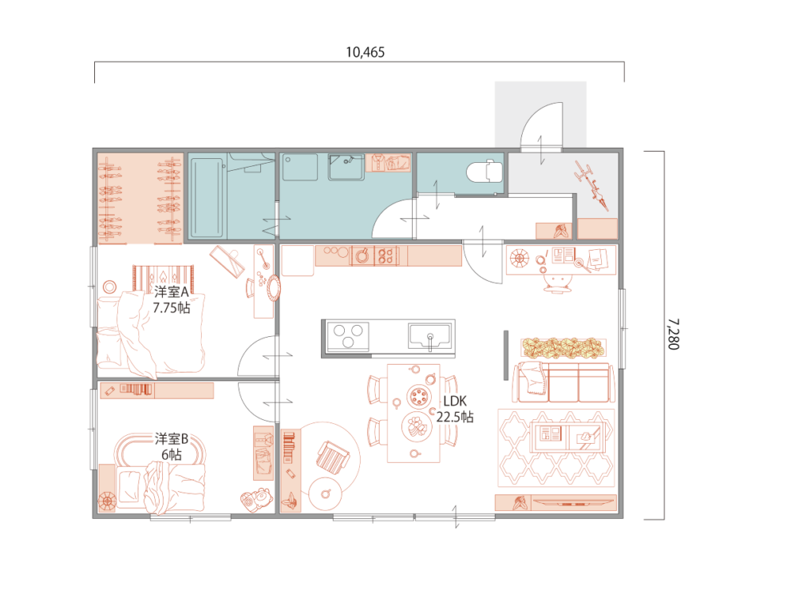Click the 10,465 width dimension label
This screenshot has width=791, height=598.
click(x=365, y=52)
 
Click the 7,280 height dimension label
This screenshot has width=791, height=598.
click(x=673, y=334)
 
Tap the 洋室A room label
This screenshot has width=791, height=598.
click(x=172, y=292)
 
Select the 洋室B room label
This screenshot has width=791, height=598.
click(x=172, y=438)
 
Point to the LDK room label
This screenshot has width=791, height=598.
click(x=455, y=401)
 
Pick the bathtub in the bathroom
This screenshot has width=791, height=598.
click(x=206, y=197)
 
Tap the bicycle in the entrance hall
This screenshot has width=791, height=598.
click(x=592, y=185)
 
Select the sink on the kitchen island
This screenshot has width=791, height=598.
click(x=430, y=336)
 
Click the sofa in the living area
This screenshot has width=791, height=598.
click(x=563, y=382)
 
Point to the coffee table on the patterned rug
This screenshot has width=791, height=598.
click(x=567, y=436)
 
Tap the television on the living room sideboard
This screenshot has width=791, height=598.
click(x=574, y=502)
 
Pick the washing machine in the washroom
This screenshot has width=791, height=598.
click(x=346, y=168)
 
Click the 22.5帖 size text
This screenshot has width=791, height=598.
click(x=455, y=417)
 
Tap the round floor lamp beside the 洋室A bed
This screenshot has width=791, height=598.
click(x=109, y=287)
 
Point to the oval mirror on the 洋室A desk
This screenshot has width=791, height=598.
click(x=274, y=288)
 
